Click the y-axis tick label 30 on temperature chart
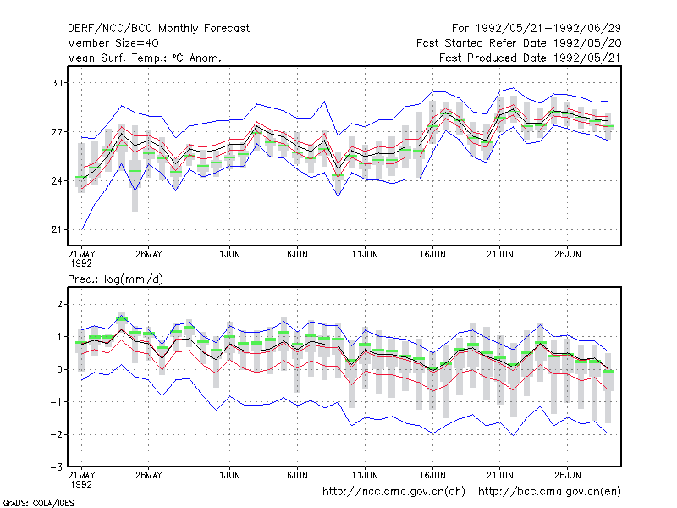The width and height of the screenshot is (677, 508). click(x=57, y=82)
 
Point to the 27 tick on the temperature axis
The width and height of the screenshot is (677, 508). click(x=57, y=132)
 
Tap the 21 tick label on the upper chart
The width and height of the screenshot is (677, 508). click(x=57, y=229)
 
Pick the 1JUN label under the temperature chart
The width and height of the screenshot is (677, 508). click(x=229, y=254)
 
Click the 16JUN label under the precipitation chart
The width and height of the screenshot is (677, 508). click(x=432, y=475)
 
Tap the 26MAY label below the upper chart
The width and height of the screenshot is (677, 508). click(x=149, y=254)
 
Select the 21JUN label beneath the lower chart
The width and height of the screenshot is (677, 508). click(x=499, y=475)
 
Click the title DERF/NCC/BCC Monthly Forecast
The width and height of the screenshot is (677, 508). click(x=158, y=29)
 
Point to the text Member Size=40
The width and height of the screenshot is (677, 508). click(x=113, y=43)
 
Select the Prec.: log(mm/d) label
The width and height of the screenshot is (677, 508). click(x=115, y=279)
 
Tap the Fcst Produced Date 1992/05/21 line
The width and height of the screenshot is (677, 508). click(x=530, y=58)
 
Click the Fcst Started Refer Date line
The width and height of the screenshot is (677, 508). click(x=519, y=43)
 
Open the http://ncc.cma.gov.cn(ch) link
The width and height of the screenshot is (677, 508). click(x=394, y=492)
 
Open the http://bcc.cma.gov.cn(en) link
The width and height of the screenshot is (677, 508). click(x=549, y=492)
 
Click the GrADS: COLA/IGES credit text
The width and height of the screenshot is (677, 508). click(x=38, y=503)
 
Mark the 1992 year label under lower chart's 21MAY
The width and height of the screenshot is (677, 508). click(x=81, y=484)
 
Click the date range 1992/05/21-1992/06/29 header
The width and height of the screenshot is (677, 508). click(x=548, y=29)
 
